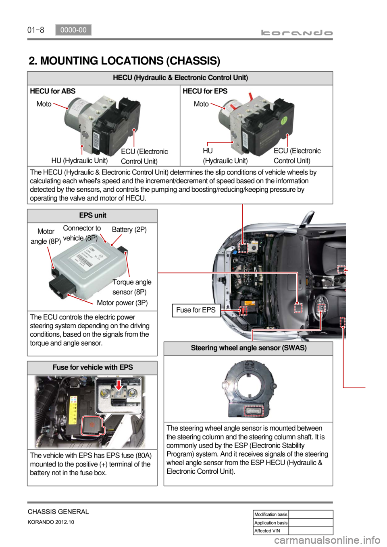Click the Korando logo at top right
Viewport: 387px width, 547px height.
(297, 33)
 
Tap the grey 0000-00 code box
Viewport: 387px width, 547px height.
(73, 30)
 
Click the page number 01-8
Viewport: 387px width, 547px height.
(35, 30)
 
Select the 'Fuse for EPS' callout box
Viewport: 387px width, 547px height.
(196, 310)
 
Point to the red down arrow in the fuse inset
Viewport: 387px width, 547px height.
(119, 385)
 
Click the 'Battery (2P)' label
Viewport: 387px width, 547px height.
(129, 230)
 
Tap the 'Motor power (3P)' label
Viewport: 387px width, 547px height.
(122, 303)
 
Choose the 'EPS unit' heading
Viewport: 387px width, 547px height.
(93, 215)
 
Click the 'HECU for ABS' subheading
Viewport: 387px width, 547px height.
(53, 91)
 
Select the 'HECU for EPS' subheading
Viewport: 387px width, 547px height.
(205, 91)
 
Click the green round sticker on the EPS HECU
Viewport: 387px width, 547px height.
(284, 120)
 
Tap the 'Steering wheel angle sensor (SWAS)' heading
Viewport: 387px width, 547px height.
(249, 348)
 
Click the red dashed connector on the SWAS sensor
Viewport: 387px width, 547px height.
(254, 410)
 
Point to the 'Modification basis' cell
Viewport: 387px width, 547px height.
(271, 514)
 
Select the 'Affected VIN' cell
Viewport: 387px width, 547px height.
(271, 530)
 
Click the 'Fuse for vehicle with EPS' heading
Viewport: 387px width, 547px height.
(93, 367)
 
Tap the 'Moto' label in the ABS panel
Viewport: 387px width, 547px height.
(44, 104)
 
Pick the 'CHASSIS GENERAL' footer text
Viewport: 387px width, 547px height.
(58, 512)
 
